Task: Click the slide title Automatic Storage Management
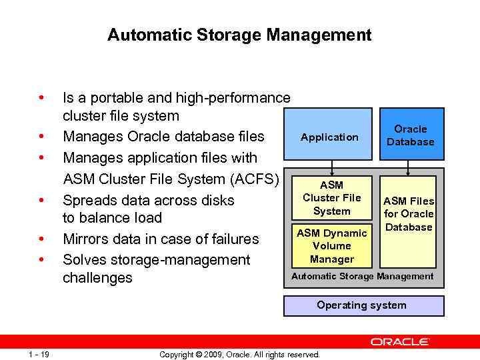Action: click(x=239, y=35)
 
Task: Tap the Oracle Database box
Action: click(x=411, y=135)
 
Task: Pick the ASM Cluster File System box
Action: click(x=331, y=197)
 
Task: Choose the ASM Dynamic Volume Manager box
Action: click(x=331, y=245)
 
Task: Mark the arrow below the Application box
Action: click(x=332, y=167)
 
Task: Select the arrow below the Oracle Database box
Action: click(x=410, y=167)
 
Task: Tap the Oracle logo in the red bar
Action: click(x=400, y=341)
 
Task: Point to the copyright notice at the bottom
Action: click(x=239, y=354)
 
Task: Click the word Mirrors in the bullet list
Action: click(x=85, y=239)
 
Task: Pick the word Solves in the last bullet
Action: click(x=81, y=259)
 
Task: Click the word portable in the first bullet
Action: click(x=116, y=98)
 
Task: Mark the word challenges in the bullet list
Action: click(x=97, y=277)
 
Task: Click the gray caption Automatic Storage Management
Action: click(x=362, y=276)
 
